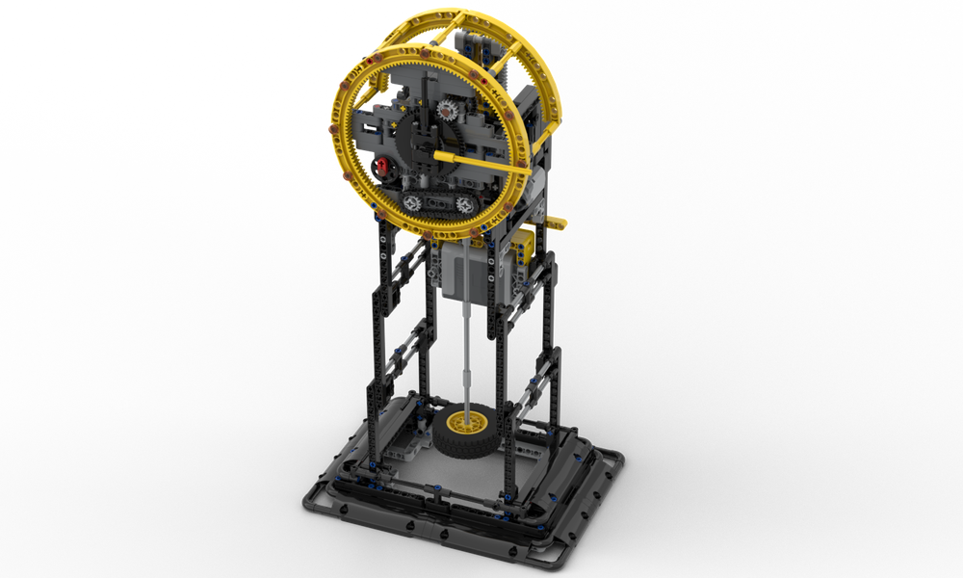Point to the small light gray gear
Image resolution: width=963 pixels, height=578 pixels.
tap(446, 114)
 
